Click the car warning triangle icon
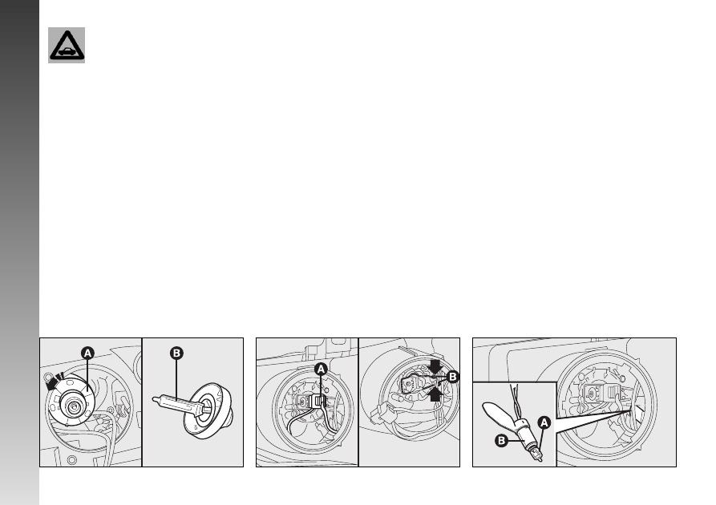[x=67, y=45]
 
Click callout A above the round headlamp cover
[x=87, y=353]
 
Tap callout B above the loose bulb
[x=176, y=353]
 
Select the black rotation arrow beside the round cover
[x=53, y=383]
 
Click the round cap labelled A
[x=73, y=402]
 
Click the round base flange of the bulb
[x=208, y=410]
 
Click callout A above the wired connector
[x=321, y=369]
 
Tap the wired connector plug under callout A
[x=317, y=402]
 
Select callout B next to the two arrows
[x=453, y=377]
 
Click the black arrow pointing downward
[x=435, y=366]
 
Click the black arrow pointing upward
[x=435, y=394]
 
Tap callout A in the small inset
[x=544, y=422]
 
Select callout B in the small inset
[x=501, y=441]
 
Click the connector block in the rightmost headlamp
[x=604, y=393]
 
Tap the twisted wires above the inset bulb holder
[x=515, y=402]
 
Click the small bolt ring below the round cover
[x=71, y=460]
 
